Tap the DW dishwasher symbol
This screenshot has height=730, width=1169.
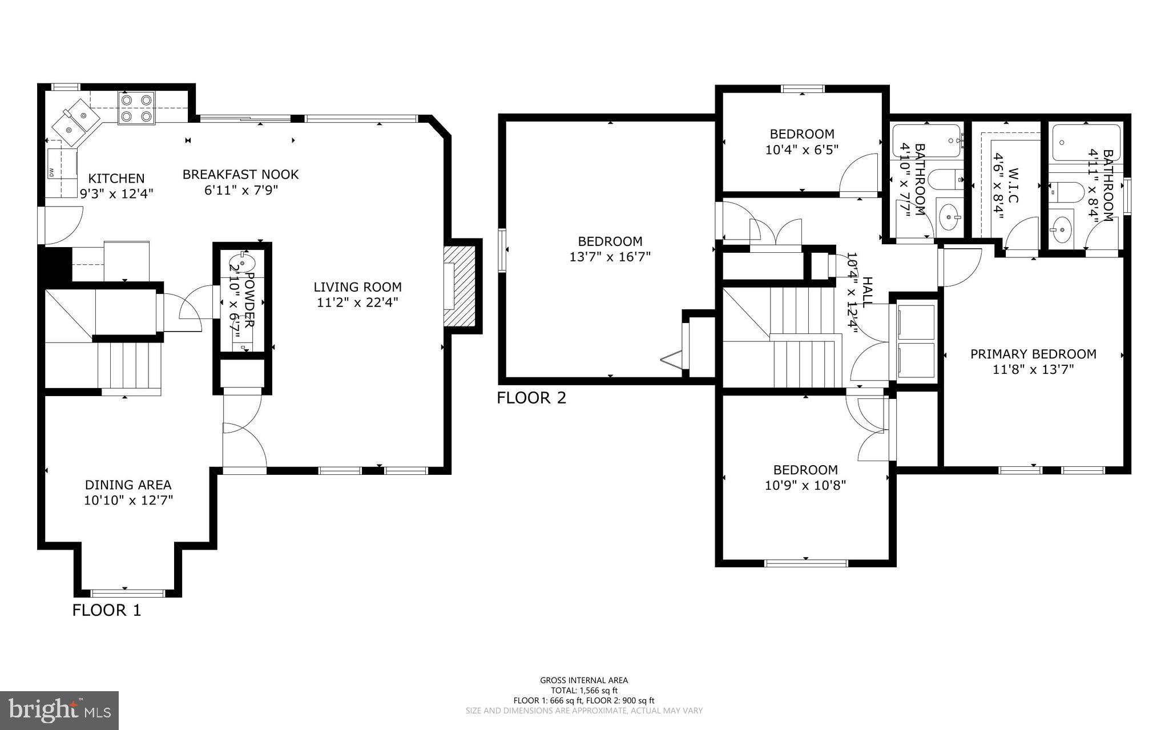tap(51, 172)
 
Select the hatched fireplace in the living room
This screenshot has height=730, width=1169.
tap(460, 286)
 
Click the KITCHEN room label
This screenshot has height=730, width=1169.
tap(116, 179)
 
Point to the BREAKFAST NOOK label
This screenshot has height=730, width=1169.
tap(240, 174)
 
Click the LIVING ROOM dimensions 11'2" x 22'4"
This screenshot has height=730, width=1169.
tap(357, 303)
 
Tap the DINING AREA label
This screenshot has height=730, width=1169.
tap(128, 485)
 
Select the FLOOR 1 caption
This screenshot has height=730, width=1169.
tap(106, 610)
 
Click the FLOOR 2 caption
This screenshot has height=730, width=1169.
tap(531, 398)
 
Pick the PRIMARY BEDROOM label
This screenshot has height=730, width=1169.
tap(1033, 354)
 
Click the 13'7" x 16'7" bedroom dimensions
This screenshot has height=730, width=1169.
tap(610, 257)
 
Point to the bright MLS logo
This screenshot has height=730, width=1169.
tap(59, 710)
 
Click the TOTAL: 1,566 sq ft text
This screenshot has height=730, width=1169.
tap(584, 690)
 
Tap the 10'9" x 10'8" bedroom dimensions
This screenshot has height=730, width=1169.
tap(805, 486)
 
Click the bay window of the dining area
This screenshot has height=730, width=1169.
tap(128, 592)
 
